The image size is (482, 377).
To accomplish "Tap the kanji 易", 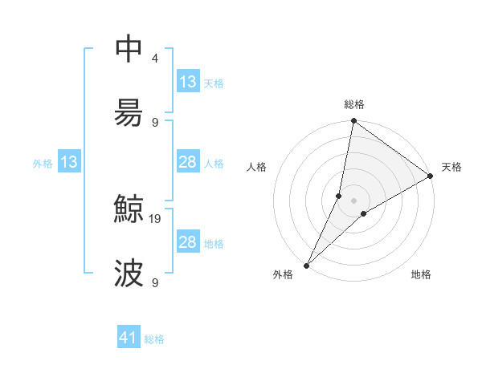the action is click(x=129, y=111).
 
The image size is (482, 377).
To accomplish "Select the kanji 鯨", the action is click(x=129, y=210).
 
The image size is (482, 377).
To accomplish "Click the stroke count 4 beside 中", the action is click(x=154, y=59).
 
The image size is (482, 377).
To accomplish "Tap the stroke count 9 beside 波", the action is click(x=154, y=282).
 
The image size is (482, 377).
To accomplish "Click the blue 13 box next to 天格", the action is click(x=188, y=82).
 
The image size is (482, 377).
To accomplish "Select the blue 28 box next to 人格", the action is click(x=188, y=162).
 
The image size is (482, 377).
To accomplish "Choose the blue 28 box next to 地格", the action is click(x=188, y=242).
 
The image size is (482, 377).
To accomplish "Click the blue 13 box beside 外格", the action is click(x=69, y=162).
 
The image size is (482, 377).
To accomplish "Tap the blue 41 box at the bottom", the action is click(x=129, y=338).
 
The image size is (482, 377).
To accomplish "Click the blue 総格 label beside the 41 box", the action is click(x=154, y=339).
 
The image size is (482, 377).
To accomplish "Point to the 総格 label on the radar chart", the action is click(x=354, y=104).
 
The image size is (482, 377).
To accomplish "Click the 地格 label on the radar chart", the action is click(x=421, y=274).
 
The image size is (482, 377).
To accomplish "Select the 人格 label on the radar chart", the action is click(x=256, y=167).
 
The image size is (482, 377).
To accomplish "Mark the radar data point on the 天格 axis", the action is click(x=431, y=176).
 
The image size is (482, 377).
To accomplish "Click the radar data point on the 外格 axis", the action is click(x=306, y=265).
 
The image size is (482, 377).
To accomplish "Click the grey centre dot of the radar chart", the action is click(x=354, y=201).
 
